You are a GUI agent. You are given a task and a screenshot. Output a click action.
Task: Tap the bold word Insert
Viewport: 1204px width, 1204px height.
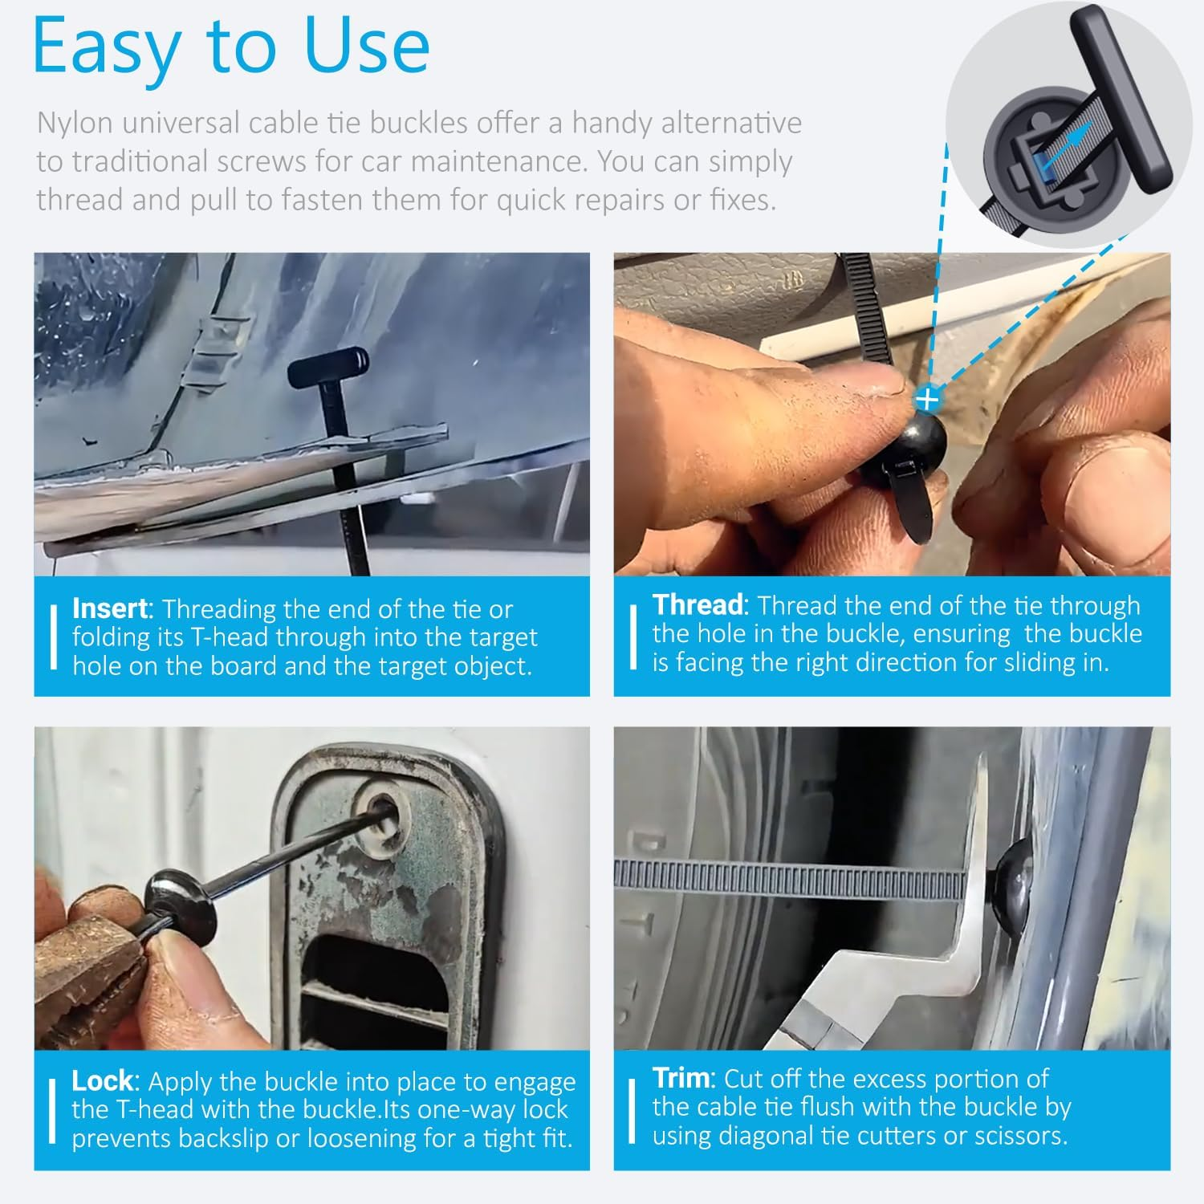click(x=110, y=608)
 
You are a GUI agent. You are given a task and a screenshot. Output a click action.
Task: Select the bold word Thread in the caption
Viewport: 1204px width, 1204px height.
click(x=698, y=604)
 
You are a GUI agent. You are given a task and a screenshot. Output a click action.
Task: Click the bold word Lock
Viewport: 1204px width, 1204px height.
click(x=102, y=1080)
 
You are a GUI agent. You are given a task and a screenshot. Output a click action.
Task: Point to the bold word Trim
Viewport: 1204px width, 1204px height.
click(x=682, y=1077)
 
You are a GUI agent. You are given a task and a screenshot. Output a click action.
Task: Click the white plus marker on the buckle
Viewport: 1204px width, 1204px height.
click(x=927, y=398)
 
